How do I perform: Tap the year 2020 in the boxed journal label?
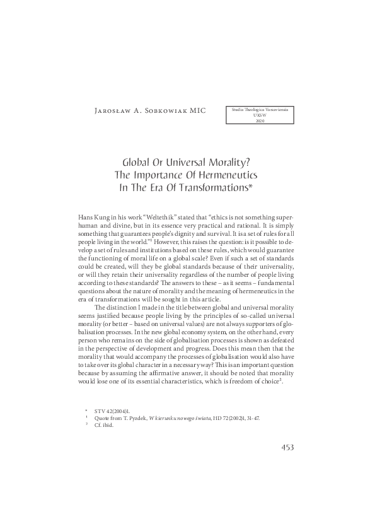point(260,120)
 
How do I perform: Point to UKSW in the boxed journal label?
point(260,115)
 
